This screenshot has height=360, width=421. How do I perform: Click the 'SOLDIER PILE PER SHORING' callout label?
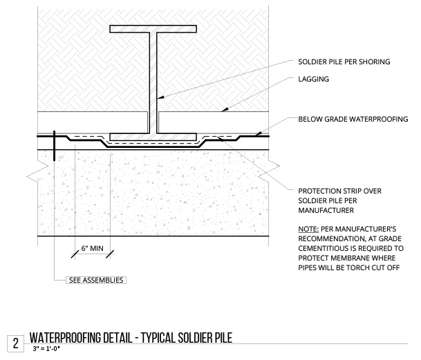tap(344, 61)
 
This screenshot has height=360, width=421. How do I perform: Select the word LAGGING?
tap(313, 79)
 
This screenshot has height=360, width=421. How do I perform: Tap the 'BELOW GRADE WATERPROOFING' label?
tap(353, 119)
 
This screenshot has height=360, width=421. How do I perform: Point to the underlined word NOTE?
tap(308, 229)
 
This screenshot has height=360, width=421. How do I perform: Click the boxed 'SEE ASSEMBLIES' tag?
tap(96, 280)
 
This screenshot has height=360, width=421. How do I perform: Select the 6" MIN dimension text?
tap(92, 248)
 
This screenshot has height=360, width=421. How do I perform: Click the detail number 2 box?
tap(16, 343)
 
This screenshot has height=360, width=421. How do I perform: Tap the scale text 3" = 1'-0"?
tap(46, 349)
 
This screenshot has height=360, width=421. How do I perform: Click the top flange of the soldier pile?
tap(153, 29)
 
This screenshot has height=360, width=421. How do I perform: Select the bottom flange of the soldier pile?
tap(153, 137)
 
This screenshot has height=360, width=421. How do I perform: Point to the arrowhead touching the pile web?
tap(160, 97)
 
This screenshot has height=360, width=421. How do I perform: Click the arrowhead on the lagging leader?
tap(225, 109)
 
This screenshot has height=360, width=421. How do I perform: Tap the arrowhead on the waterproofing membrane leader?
tap(259, 133)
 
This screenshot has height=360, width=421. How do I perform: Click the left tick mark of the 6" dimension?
tap(75, 254)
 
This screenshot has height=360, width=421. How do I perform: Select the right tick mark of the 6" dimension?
tap(110, 254)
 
